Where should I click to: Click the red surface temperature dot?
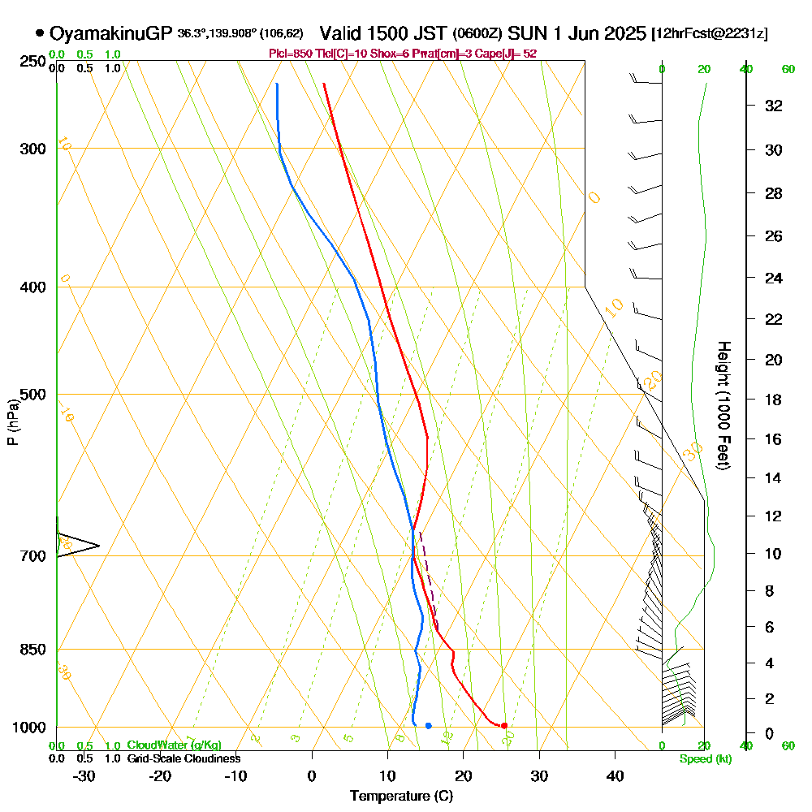[504, 725]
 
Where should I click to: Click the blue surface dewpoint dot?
[428, 725]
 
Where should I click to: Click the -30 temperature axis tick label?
[84, 775]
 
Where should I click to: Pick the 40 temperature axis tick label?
[615, 775]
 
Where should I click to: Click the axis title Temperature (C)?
[401, 796]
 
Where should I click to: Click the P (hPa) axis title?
[13, 422]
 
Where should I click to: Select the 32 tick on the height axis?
[774, 106]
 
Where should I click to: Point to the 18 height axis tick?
[774, 400]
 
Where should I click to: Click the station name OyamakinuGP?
[110, 33]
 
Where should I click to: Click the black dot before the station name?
[40, 33]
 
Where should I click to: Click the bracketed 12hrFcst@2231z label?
[710, 34]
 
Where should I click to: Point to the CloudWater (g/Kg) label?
[174, 745]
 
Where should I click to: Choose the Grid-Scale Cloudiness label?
[184, 758]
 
